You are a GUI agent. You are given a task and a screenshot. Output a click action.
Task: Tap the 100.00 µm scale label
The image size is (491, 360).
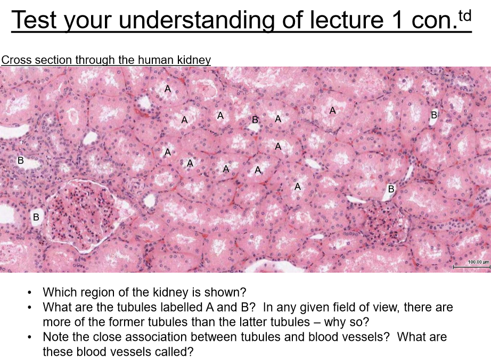click(478, 261)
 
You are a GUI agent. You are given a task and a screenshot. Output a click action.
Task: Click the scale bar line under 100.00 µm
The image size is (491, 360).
click(471, 267)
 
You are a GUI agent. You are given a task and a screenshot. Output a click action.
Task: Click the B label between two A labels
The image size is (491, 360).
click(255, 120)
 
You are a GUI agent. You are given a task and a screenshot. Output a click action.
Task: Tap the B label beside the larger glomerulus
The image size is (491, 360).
click(36, 217)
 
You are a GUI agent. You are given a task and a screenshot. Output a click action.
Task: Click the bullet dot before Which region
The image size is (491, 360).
click(29, 293)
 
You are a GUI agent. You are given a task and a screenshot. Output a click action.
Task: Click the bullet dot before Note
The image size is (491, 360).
click(29, 338)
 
